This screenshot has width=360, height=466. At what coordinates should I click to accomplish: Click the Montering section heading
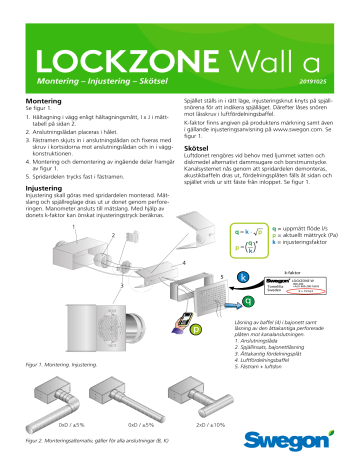tap(43, 102)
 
